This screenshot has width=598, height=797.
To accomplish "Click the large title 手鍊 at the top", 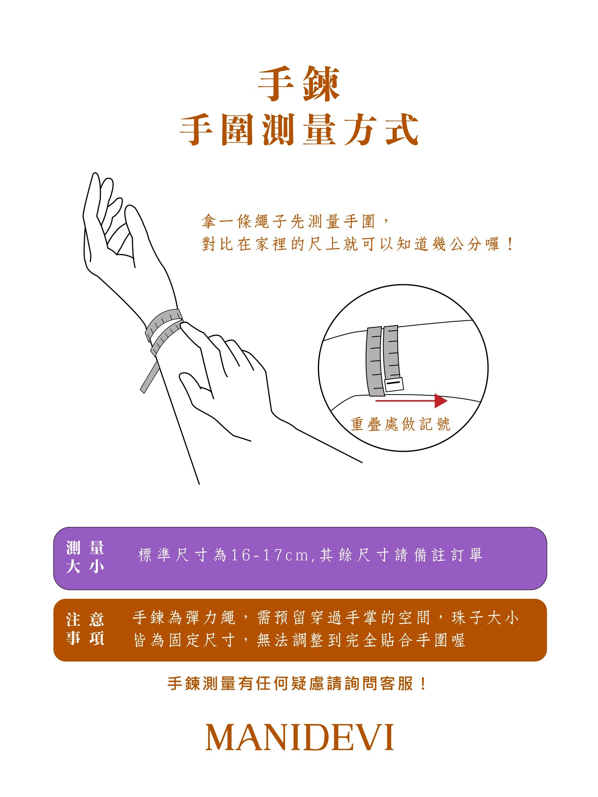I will [299, 85].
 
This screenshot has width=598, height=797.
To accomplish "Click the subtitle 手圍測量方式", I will [299, 130].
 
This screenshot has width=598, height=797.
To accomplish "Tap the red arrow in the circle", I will [411, 401].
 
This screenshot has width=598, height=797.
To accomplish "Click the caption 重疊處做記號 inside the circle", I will [400, 424].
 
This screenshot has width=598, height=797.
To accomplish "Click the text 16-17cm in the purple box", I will [269, 555].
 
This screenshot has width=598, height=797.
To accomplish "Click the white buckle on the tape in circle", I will [393, 385].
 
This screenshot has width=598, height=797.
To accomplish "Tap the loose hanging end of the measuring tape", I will [148, 378].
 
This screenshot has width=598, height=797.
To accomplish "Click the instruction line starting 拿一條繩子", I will [294, 221].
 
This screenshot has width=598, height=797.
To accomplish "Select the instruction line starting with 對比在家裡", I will [357, 244].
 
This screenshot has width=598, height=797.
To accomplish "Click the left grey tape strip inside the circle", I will [374, 360].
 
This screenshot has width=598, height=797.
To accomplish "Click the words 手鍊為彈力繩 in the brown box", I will [184, 617].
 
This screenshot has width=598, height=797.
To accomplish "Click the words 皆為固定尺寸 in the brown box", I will [184, 640].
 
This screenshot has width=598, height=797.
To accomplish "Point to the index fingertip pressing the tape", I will [186, 325].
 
